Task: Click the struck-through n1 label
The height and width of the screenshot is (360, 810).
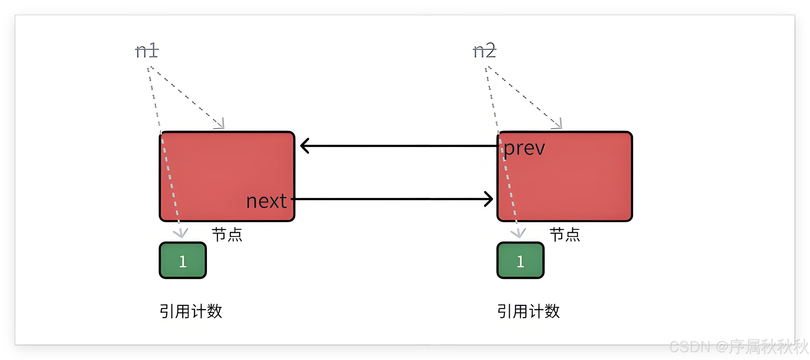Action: tap(147, 51)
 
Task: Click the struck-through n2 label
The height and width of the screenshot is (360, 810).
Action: tap(484, 51)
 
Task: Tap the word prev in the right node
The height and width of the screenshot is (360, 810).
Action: tap(524, 148)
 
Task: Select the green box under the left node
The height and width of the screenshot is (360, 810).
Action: tap(183, 260)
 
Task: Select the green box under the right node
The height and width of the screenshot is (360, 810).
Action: tap(520, 260)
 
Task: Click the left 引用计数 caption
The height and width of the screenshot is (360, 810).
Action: tap(191, 311)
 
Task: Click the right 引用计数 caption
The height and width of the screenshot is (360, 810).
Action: tap(529, 311)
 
